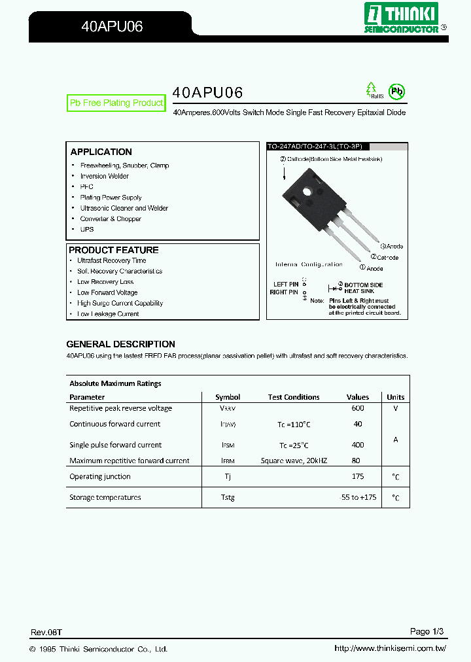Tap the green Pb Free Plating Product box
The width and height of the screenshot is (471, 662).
[116, 103]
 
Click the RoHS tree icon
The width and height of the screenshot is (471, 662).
[372, 90]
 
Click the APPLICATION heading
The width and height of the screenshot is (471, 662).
[101, 152]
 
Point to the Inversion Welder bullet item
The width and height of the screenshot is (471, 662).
[104, 176]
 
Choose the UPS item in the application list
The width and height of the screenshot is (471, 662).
[86, 230]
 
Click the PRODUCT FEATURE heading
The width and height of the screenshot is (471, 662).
[113, 250]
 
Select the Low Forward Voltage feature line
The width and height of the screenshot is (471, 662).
[107, 292]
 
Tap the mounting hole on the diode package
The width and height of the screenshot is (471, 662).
[307, 192]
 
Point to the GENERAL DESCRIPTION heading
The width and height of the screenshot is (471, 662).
[120, 344]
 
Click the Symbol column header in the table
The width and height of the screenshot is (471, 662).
[228, 397]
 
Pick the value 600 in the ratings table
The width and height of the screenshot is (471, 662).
[357, 408]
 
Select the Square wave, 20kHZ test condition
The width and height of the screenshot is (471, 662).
[294, 461]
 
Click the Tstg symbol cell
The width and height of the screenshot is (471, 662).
[228, 498]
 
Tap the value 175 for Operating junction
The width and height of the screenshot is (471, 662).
[357, 477]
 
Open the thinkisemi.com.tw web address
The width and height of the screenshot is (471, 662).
[390, 649]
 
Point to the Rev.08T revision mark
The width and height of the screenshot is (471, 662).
[46, 633]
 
